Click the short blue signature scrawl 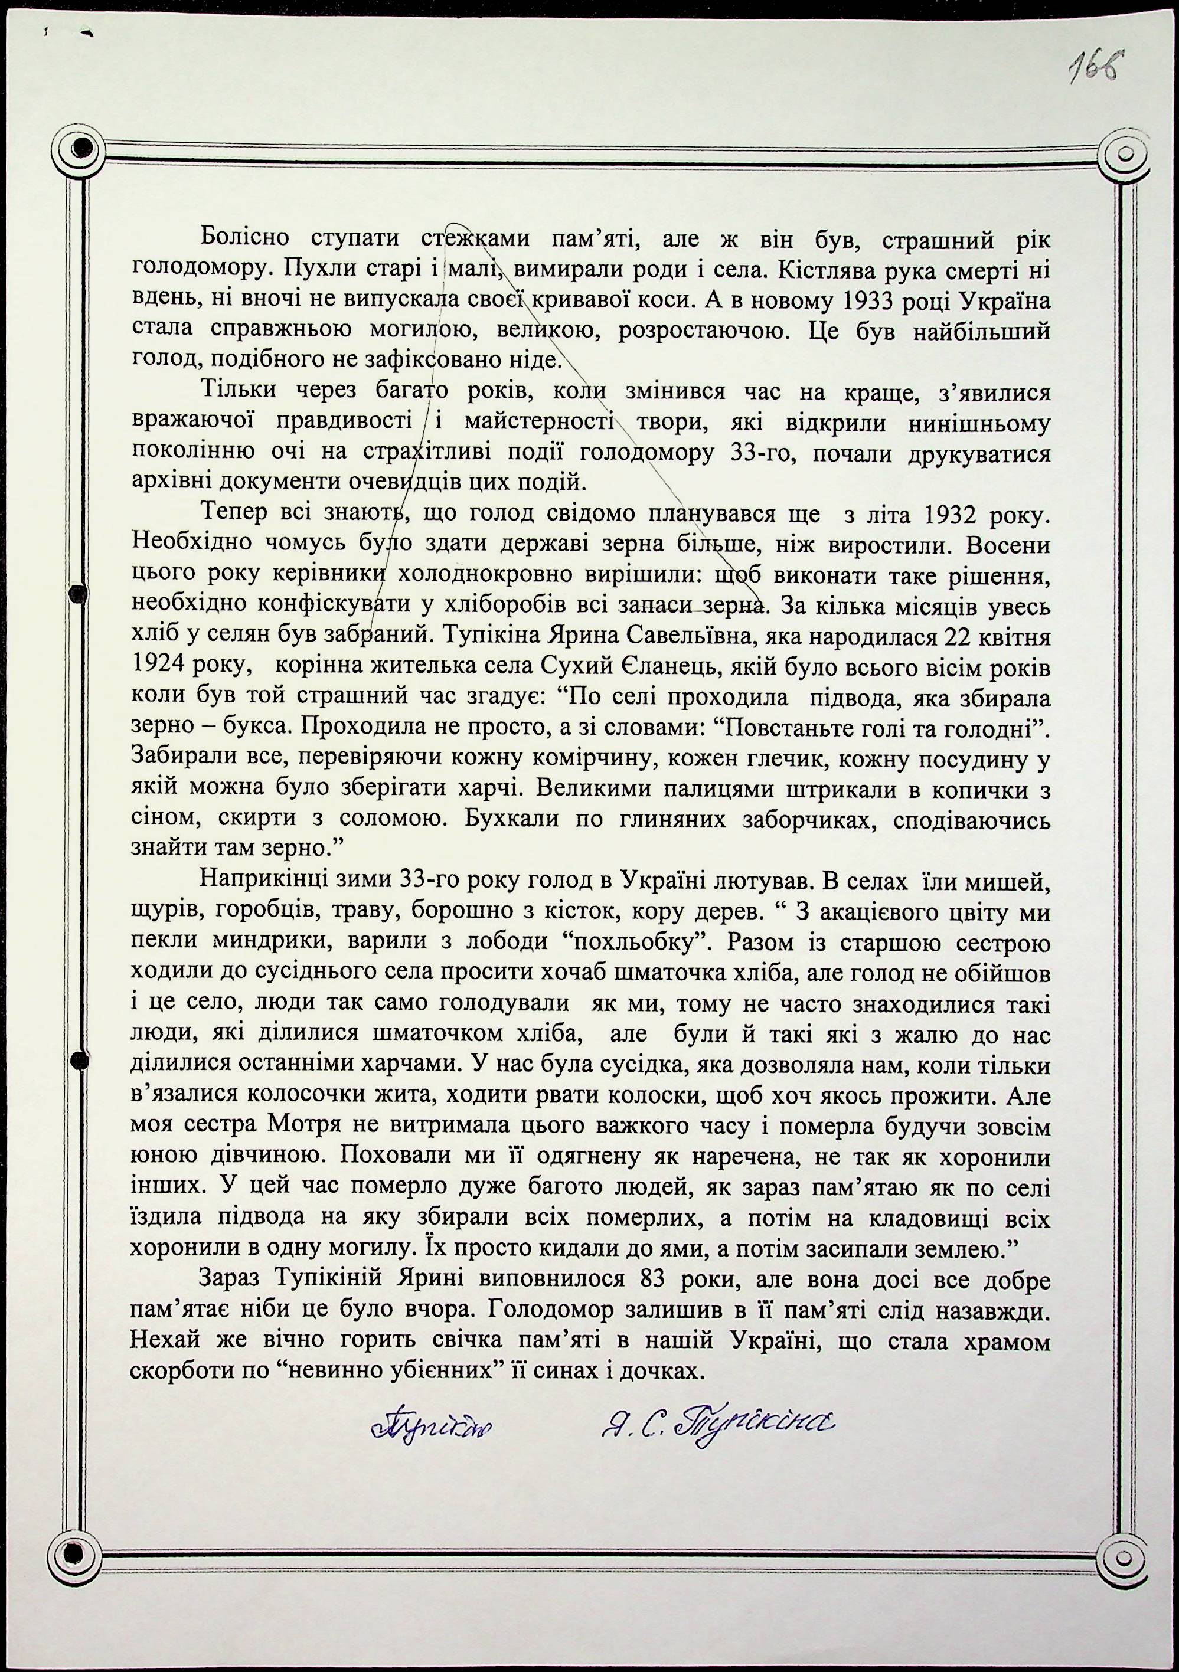click(x=430, y=1422)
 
